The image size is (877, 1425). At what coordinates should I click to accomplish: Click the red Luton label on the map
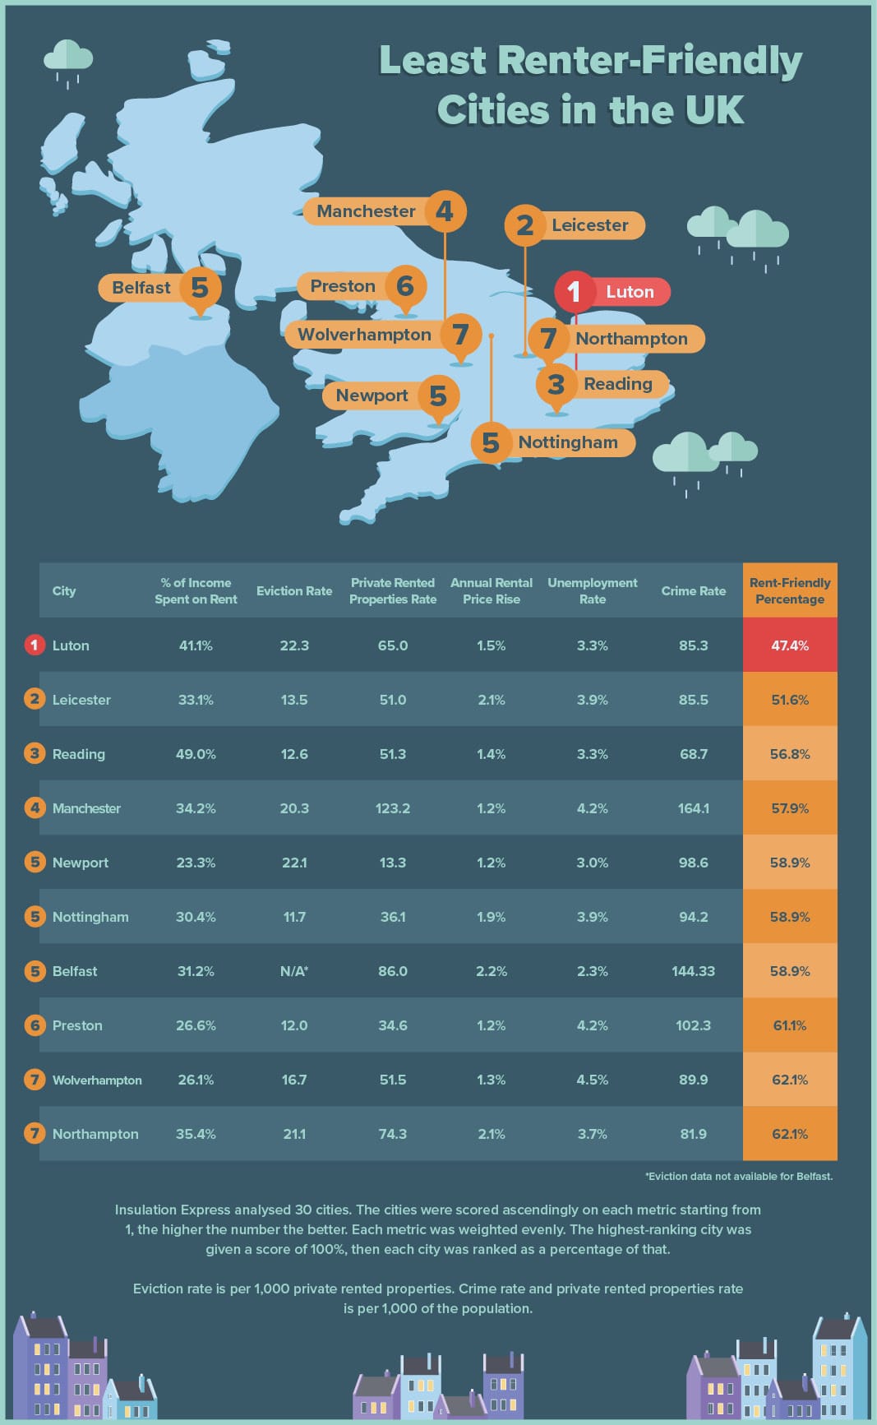[x=630, y=292]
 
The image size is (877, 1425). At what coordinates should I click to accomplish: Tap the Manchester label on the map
[x=366, y=211]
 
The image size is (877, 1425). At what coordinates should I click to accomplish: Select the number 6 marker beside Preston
[x=405, y=285]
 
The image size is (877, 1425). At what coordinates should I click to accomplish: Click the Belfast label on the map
[x=141, y=288]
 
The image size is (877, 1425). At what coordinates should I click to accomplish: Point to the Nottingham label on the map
[x=567, y=442]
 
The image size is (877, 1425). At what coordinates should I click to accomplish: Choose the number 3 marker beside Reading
[x=556, y=384]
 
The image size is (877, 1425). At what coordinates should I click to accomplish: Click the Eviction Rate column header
[x=294, y=591]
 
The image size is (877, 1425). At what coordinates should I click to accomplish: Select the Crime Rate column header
[x=693, y=591]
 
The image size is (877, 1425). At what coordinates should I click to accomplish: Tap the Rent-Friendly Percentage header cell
[x=790, y=590]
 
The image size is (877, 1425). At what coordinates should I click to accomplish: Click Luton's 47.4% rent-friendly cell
[x=790, y=645]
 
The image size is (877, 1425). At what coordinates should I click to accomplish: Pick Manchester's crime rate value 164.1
[x=693, y=808]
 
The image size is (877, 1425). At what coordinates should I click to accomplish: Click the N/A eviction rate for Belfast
[x=294, y=971]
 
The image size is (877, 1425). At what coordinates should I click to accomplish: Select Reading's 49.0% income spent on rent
[x=196, y=754]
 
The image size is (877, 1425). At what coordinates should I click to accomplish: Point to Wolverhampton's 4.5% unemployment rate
[x=592, y=1080]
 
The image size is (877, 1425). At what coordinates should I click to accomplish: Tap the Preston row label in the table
[x=77, y=1025]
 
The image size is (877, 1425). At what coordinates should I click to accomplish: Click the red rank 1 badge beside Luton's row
[x=34, y=645]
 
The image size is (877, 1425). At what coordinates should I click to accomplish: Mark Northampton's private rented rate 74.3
[x=393, y=1134]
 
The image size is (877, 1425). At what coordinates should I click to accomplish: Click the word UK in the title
[x=717, y=110]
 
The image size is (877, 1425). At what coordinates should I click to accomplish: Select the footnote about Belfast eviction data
[x=739, y=1177]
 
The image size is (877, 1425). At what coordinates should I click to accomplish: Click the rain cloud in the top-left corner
[x=68, y=58]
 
